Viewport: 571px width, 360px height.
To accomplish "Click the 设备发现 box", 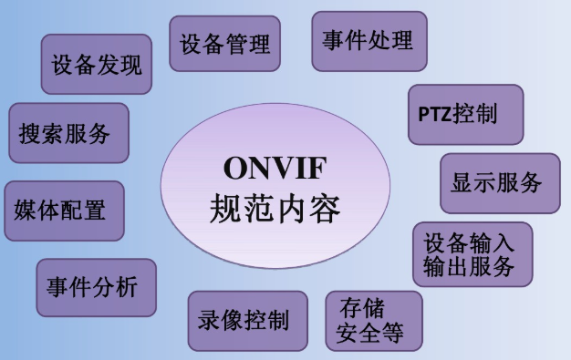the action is click(97, 66).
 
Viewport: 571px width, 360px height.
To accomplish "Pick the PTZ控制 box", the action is click(465, 115).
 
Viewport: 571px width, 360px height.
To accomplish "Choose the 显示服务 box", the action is click(499, 182).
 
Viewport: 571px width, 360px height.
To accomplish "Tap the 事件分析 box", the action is click(95, 288).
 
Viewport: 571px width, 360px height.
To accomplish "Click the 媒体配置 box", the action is click(64, 211).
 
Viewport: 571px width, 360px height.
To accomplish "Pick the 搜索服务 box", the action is click(67, 133).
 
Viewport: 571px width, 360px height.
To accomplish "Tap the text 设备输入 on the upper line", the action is click(470, 243).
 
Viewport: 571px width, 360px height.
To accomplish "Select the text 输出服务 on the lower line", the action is click(470, 267).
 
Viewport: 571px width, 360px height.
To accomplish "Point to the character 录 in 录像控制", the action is click(210, 321).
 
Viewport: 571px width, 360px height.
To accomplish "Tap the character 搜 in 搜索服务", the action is click(32, 134).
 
